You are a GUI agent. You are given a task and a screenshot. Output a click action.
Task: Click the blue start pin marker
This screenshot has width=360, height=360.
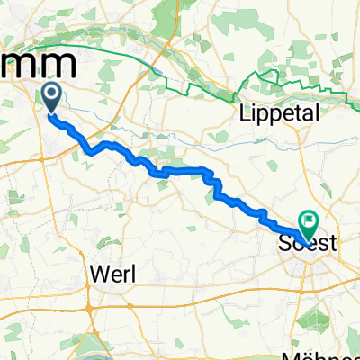click(49, 96)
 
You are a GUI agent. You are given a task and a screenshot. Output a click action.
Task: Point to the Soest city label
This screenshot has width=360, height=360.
click(309, 244)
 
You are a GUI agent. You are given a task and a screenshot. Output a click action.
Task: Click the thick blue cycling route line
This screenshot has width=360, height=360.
click(180, 169)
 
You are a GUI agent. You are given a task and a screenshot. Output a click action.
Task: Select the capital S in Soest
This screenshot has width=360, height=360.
click(286, 244)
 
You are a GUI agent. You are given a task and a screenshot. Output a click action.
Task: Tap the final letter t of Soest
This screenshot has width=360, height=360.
click(332, 244)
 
